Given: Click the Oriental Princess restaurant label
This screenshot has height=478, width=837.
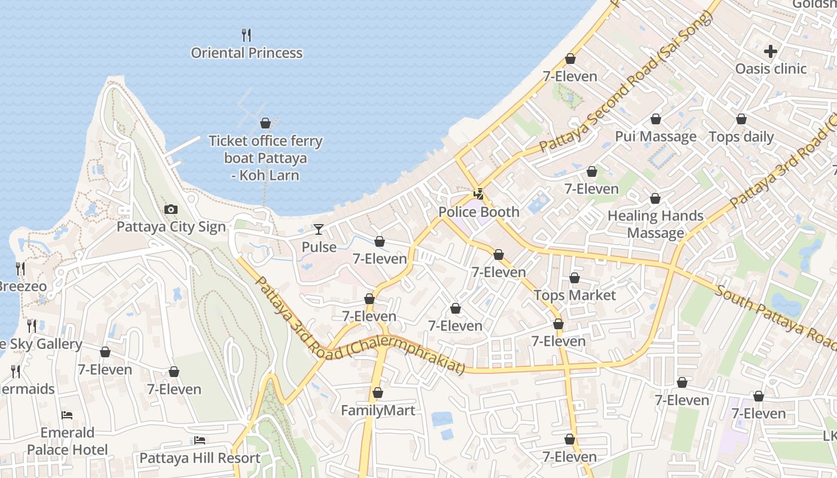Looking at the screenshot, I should pos(246,53).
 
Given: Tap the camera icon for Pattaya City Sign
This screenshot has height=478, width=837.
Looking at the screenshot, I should pos(171,210).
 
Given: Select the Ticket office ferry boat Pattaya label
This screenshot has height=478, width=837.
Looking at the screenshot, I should pos(265,158).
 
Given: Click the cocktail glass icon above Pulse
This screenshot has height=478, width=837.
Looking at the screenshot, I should pos(319,229).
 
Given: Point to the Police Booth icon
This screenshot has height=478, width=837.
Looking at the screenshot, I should pos(478,194).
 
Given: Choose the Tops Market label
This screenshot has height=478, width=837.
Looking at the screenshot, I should pos(575,295).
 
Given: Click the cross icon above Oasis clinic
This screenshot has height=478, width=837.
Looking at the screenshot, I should pos(771,51).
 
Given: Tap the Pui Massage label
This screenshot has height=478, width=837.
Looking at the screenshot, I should pos(656,137).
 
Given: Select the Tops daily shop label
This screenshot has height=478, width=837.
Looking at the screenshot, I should pos(741,137).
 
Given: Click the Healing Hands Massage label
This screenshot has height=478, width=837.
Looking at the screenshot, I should pos(655,224).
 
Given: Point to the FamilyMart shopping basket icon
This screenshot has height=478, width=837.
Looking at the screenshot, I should pos(377,393).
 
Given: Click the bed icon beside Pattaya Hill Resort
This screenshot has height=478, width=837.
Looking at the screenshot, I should pos(200,440).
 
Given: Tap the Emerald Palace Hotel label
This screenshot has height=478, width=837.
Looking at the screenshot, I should pos(68,441).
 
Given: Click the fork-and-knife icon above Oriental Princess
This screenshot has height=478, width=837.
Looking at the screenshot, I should pos(246,35).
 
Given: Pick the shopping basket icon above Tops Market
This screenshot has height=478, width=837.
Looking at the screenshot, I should pos(575,278).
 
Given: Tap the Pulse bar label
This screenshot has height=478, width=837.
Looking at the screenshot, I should pos(319,247).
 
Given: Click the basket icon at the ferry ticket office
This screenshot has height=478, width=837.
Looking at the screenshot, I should pos(265,124).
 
